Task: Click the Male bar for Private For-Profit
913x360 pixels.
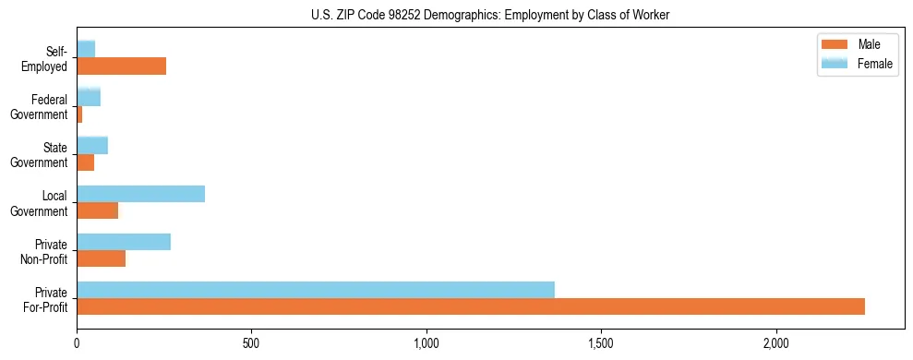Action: pos(471,306)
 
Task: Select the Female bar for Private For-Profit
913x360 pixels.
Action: pos(316,290)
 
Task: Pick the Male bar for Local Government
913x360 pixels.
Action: pos(97,210)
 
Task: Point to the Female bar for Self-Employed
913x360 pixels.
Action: pos(86,49)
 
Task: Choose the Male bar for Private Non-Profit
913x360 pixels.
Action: pos(101,258)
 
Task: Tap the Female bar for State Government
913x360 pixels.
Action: pos(92,145)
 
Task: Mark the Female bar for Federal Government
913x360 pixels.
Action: pos(89,97)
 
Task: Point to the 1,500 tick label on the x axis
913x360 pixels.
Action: pos(601,343)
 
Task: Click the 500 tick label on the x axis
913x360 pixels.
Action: pos(252,343)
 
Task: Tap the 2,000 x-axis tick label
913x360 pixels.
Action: pos(776,343)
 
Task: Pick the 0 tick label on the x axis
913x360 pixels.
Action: pos(78,343)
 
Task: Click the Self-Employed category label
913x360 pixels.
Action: pos(47,58)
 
